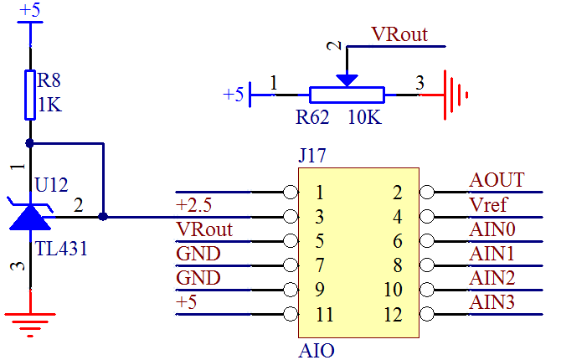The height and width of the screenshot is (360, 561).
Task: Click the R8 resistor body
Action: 30,95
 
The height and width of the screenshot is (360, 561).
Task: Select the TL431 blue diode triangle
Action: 31,216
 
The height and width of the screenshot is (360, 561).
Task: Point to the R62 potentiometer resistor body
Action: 347,95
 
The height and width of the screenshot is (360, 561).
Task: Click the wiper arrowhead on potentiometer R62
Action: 347,80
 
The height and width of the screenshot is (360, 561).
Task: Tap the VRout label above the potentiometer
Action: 399,35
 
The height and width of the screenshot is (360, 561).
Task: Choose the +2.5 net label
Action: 194,205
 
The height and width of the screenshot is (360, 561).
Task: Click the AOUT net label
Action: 497,181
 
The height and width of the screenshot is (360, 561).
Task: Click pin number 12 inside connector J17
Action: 394,316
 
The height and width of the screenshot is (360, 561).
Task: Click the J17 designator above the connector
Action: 311,156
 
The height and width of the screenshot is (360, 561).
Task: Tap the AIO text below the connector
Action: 317,350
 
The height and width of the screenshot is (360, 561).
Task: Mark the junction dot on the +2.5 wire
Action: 103,216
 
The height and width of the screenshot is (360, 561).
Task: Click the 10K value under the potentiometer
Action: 364,118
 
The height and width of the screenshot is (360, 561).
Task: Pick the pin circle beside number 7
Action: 291,265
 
